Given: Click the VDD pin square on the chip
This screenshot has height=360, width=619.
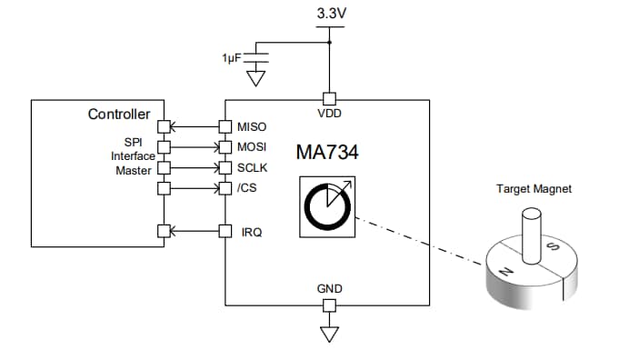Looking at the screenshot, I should [329, 99].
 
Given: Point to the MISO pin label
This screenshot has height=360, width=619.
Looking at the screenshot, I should [252, 126].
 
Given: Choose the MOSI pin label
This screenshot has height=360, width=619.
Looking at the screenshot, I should [252, 146].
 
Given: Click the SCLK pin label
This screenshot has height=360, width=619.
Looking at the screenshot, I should [252, 167].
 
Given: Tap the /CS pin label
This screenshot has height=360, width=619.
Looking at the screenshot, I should [246, 188].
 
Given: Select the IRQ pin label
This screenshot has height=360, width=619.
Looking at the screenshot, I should [251, 232].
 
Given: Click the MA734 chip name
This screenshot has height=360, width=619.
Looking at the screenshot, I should [327, 153].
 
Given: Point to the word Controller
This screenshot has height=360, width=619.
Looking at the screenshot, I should [118, 115].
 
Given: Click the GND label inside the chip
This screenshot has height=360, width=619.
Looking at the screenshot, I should [329, 289].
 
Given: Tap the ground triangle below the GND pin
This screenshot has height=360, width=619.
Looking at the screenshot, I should [329, 333].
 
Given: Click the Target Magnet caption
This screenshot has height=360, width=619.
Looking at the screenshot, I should [534, 189].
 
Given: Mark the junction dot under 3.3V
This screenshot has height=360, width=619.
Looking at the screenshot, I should [329, 42].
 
